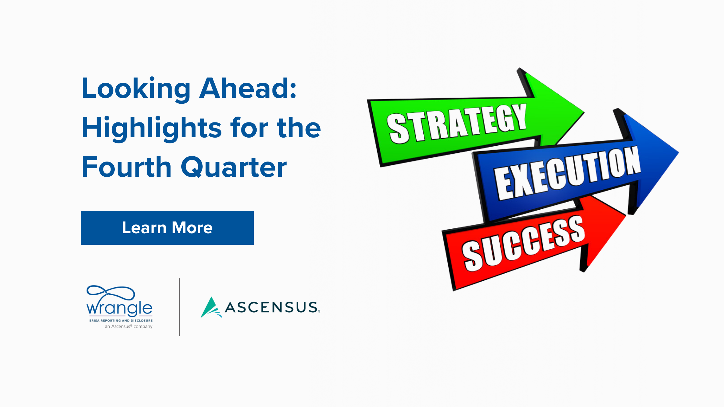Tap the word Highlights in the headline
152,128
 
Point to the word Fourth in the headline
127,167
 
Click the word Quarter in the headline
234,167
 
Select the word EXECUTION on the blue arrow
568,172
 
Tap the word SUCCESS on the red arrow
524,244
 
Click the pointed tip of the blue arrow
678,152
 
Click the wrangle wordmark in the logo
119,308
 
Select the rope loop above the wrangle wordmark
111,292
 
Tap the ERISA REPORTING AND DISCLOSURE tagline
121,321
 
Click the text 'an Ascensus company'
129,327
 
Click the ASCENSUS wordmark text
272,307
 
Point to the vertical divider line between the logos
179,307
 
